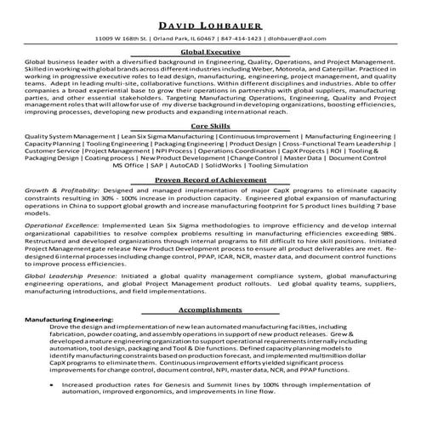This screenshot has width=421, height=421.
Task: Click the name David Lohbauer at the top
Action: point(210,26)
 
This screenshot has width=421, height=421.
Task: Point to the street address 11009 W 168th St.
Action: point(127,39)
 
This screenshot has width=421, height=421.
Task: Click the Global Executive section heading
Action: point(210,53)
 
